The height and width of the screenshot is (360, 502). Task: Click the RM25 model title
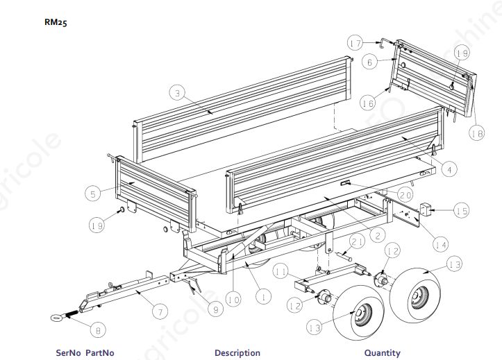[x=56, y=22]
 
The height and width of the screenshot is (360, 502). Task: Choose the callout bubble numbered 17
[x=355, y=44]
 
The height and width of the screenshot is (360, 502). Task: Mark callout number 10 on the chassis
[x=233, y=300]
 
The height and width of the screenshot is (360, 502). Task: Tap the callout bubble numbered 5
[x=93, y=194]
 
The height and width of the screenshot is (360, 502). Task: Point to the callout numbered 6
[x=370, y=62]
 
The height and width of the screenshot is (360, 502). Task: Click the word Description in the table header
[x=237, y=353]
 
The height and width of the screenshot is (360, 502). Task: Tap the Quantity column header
[x=382, y=353]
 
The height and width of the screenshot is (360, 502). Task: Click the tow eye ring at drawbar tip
[x=55, y=318]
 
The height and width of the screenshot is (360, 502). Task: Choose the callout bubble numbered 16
[x=367, y=103]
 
